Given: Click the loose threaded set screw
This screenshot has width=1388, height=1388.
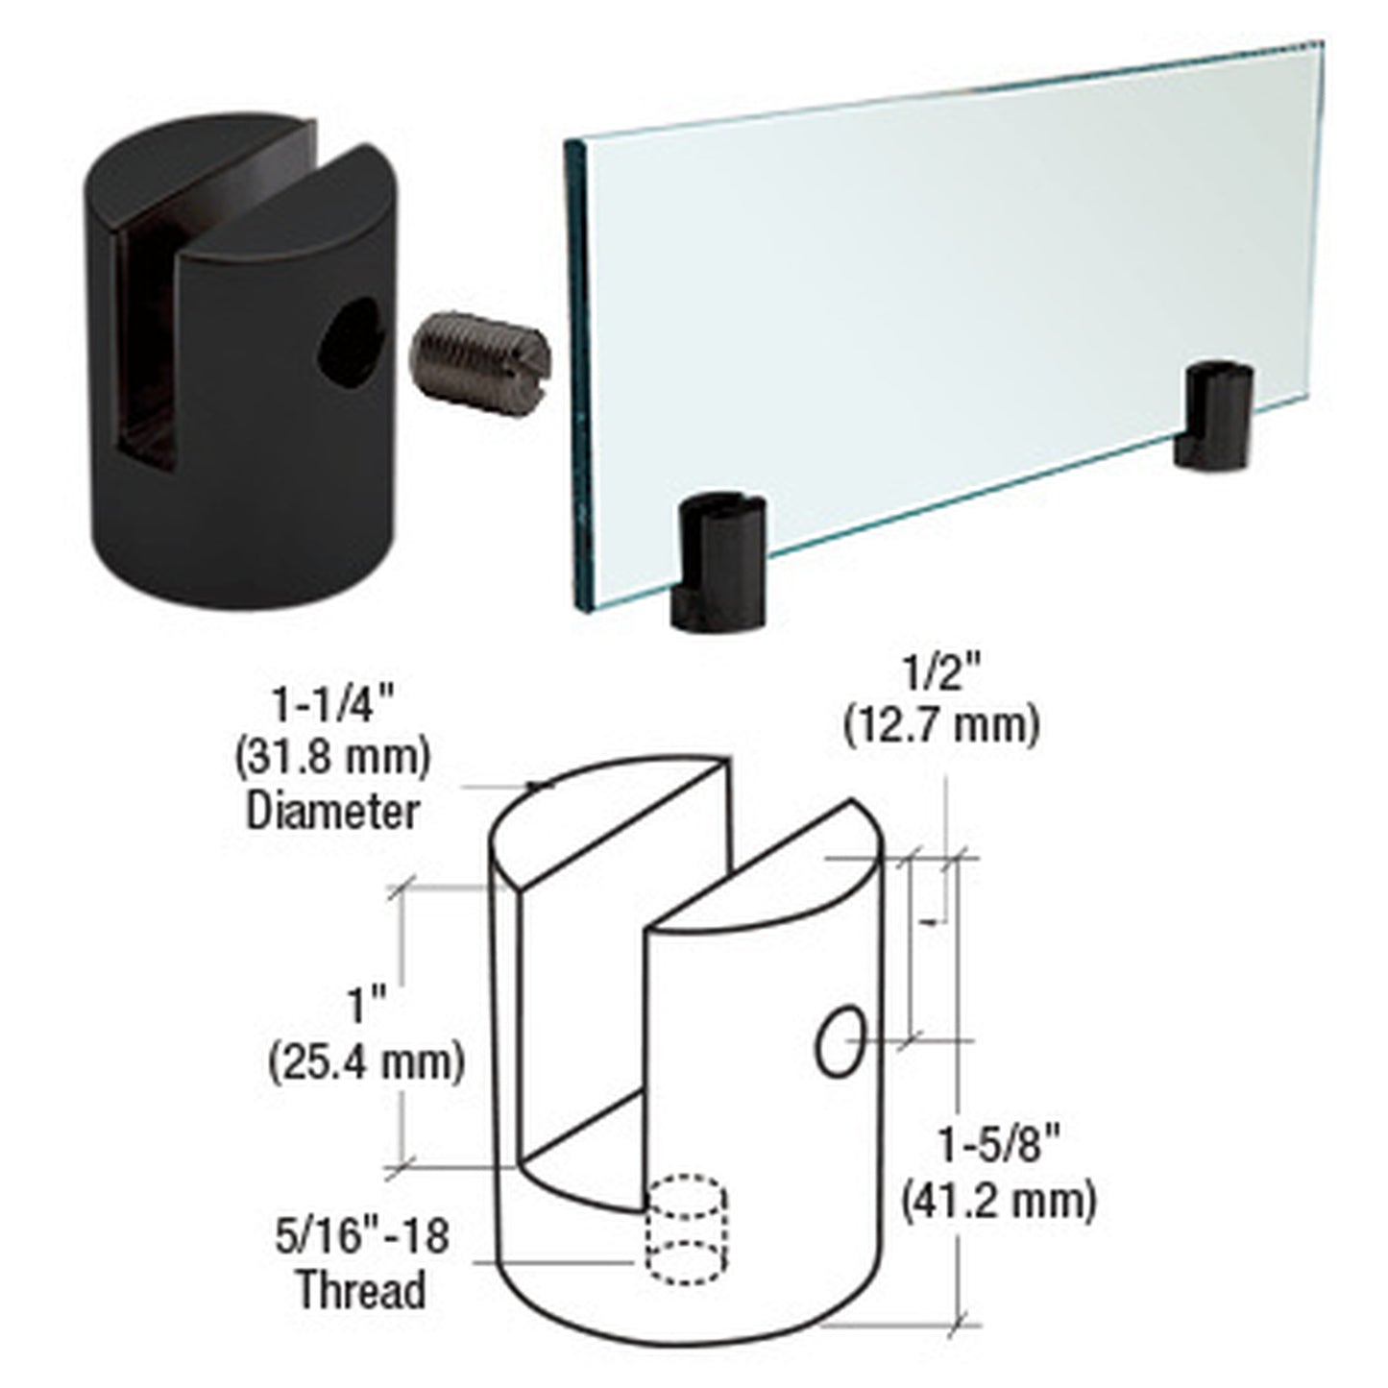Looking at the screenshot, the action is pos(480,357).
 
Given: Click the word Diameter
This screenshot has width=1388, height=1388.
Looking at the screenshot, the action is pos(332,811).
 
